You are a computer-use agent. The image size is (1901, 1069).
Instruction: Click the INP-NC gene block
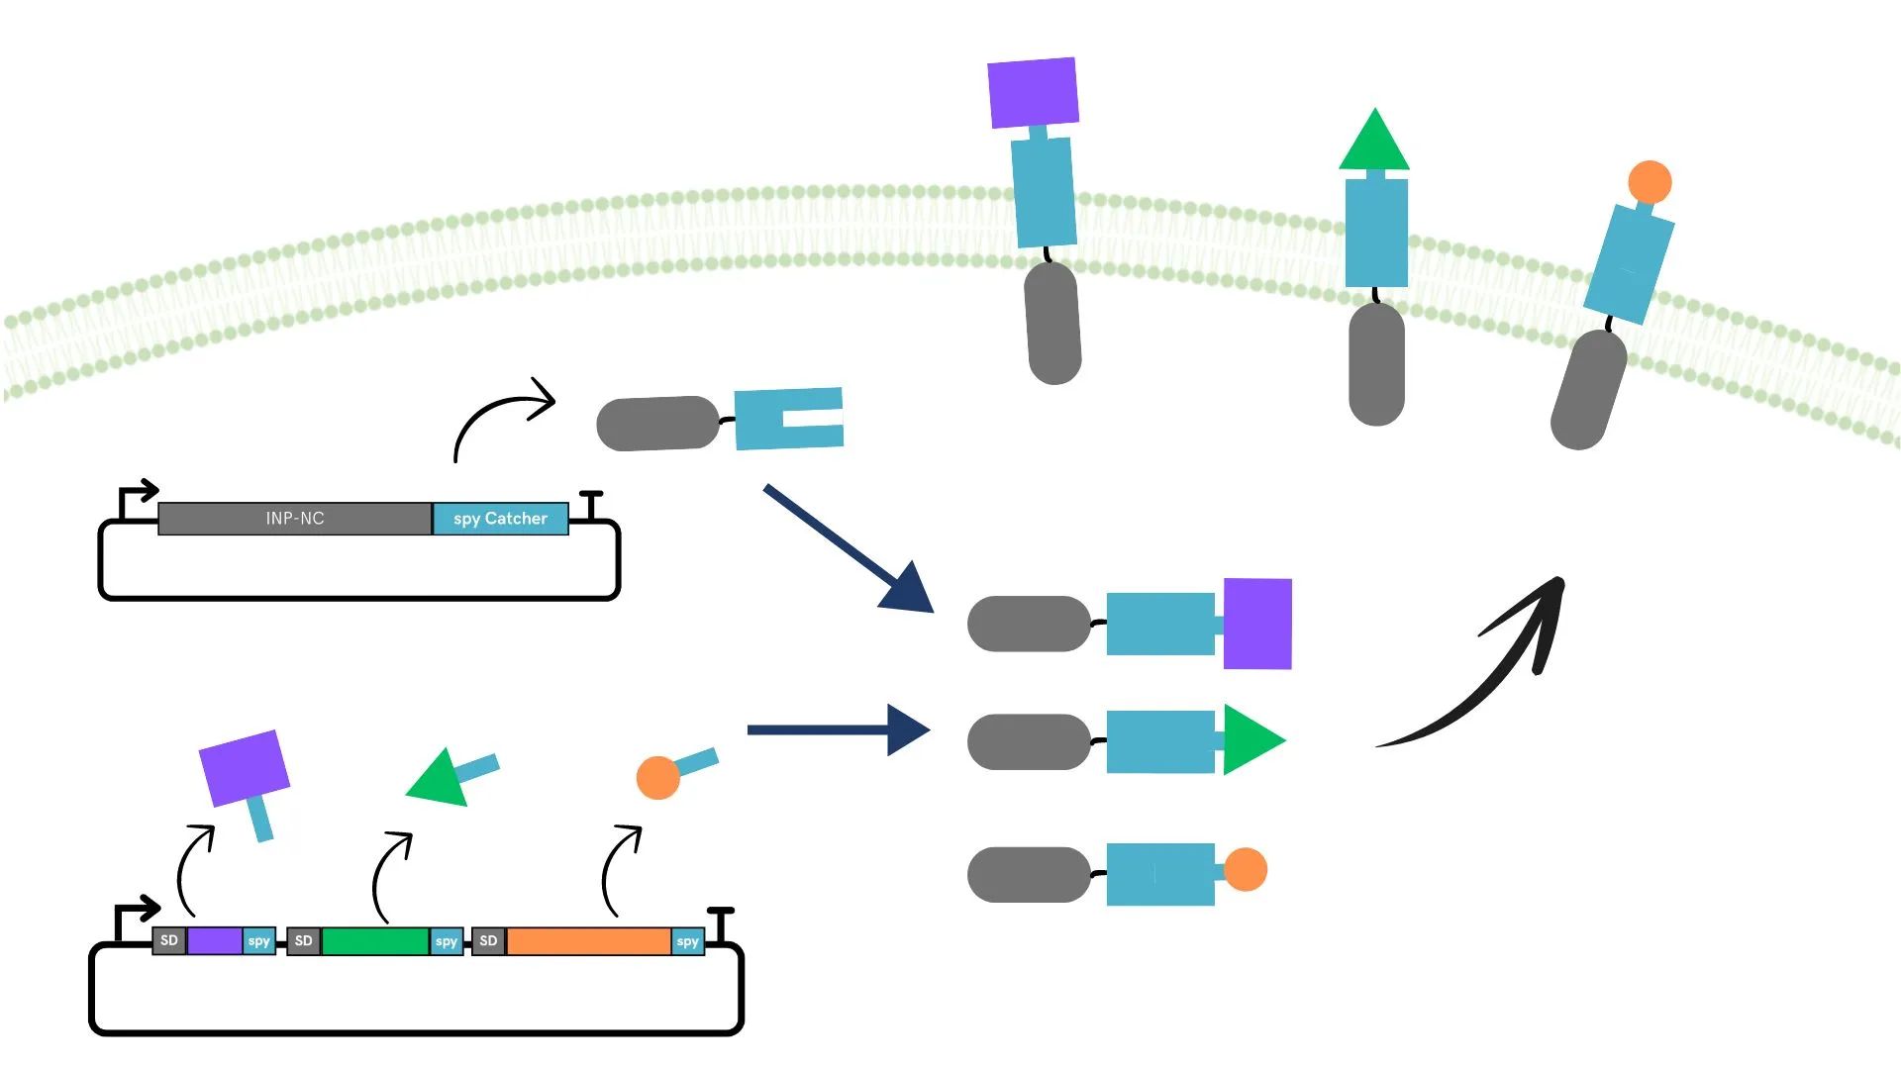pos(294,519)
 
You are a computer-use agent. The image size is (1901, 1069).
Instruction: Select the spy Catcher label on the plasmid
pos(500,519)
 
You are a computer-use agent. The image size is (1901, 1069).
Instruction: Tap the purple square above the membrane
pos(1033,92)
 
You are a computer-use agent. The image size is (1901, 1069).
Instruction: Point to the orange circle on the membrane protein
pos(1650,182)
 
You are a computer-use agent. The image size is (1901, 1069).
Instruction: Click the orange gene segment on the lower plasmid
pos(588,941)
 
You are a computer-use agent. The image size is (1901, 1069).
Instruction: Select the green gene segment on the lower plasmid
pos(374,941)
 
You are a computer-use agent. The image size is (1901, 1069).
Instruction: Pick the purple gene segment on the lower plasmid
pos(215,941)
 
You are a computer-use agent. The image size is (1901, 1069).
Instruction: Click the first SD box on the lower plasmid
pos(169,940)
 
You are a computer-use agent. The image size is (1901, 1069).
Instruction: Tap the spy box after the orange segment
pos(687,941)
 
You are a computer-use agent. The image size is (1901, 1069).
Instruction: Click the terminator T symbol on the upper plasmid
pos(591,503)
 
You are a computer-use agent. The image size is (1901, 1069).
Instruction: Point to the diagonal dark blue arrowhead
pos(909,590)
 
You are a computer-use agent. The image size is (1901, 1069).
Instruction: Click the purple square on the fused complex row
pos(1257,624)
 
